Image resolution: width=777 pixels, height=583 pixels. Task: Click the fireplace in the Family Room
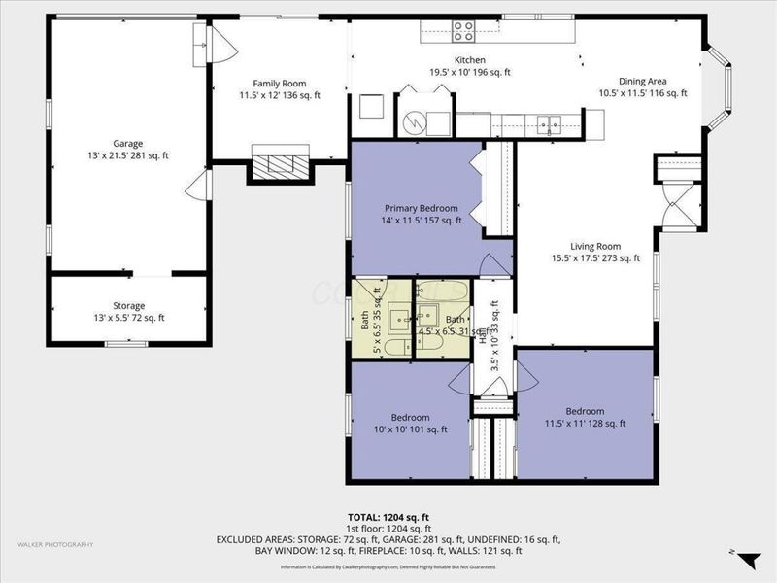281,162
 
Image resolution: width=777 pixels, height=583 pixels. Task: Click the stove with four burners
463,32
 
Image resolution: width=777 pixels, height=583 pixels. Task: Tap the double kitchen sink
550,123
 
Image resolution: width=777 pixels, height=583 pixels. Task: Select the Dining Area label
642,87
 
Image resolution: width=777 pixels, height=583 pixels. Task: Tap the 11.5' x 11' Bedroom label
585,416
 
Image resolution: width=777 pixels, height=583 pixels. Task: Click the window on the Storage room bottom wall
125,343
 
